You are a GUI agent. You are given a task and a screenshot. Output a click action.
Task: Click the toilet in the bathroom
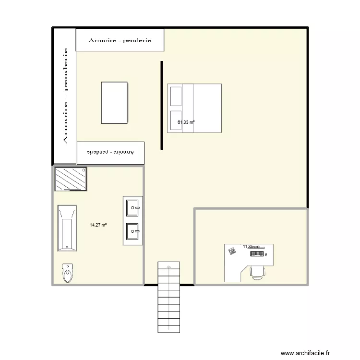click(67, 273)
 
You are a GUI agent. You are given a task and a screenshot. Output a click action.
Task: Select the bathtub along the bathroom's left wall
click(67, 228)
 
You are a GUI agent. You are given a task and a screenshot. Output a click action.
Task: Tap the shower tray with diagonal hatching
click(71, 179)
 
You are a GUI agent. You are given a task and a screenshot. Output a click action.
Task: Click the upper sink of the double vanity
click(133, 208)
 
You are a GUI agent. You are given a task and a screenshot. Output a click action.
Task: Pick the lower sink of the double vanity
click(133, 232)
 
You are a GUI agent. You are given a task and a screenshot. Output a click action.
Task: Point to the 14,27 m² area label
click(98, 225)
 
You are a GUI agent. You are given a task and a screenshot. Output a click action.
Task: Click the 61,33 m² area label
click(186, 122)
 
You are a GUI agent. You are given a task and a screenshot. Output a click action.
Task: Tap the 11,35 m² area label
click(251, 247)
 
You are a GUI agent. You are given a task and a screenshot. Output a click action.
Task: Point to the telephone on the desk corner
click(232, 251)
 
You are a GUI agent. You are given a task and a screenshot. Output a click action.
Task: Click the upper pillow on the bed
click(175, 96)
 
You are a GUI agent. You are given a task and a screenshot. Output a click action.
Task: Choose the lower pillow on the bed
click(175, 120)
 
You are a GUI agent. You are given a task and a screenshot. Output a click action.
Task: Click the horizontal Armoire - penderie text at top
click(120, 40)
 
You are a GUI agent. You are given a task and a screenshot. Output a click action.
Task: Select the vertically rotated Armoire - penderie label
click(65, 96)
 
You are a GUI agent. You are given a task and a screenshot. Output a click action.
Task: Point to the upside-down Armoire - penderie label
click(110, 152)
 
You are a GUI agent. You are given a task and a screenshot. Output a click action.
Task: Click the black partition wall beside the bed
click(162, 106)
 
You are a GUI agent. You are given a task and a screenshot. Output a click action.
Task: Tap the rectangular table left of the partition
click(114, 103)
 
